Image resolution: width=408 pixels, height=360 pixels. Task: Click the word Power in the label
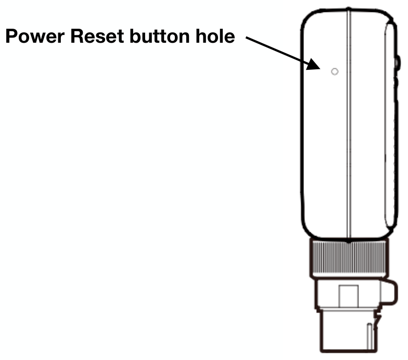(35, 36)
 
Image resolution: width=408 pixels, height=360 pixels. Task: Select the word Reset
(97, 36)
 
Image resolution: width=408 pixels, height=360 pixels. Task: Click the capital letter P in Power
(11, 36)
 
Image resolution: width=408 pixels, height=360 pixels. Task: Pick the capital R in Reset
(77, 36)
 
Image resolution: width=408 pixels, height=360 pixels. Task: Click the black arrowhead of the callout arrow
(314, 65)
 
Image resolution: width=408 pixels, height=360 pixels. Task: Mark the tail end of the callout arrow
(246, 38)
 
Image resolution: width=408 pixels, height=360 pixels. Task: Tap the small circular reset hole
(335, 71)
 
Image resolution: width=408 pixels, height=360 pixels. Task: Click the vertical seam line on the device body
(349, 124)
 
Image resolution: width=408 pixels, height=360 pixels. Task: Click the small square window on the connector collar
(349, 296)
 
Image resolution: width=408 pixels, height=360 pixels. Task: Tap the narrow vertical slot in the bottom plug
(369, 337)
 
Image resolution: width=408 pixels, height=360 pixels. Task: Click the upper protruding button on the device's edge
(398, 63)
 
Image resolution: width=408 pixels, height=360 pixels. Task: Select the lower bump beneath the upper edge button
(397, 83)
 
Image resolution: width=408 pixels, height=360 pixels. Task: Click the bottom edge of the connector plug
(349, 352)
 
